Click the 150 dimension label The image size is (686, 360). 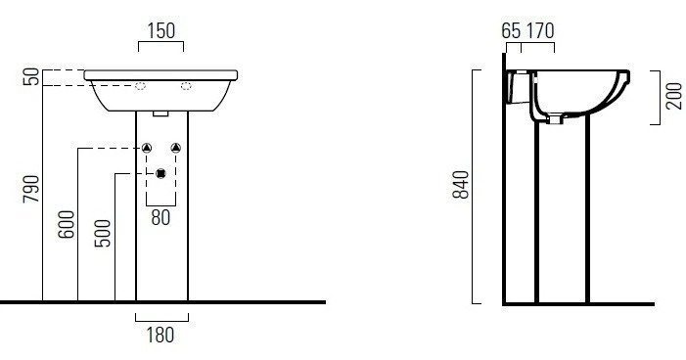(x=161, y=30)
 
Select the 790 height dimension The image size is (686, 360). (x=31, y=189)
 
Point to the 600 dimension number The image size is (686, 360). (x=67, y=224)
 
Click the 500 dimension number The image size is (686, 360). (x=103, y=233)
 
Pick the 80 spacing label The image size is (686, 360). (x=160, y=217)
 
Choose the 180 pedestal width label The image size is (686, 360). (x=160, y=336)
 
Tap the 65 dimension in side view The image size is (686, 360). (x=511, y=30)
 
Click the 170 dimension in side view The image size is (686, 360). (x=540, y=30)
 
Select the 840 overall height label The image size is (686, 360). (x=461, y=185)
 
